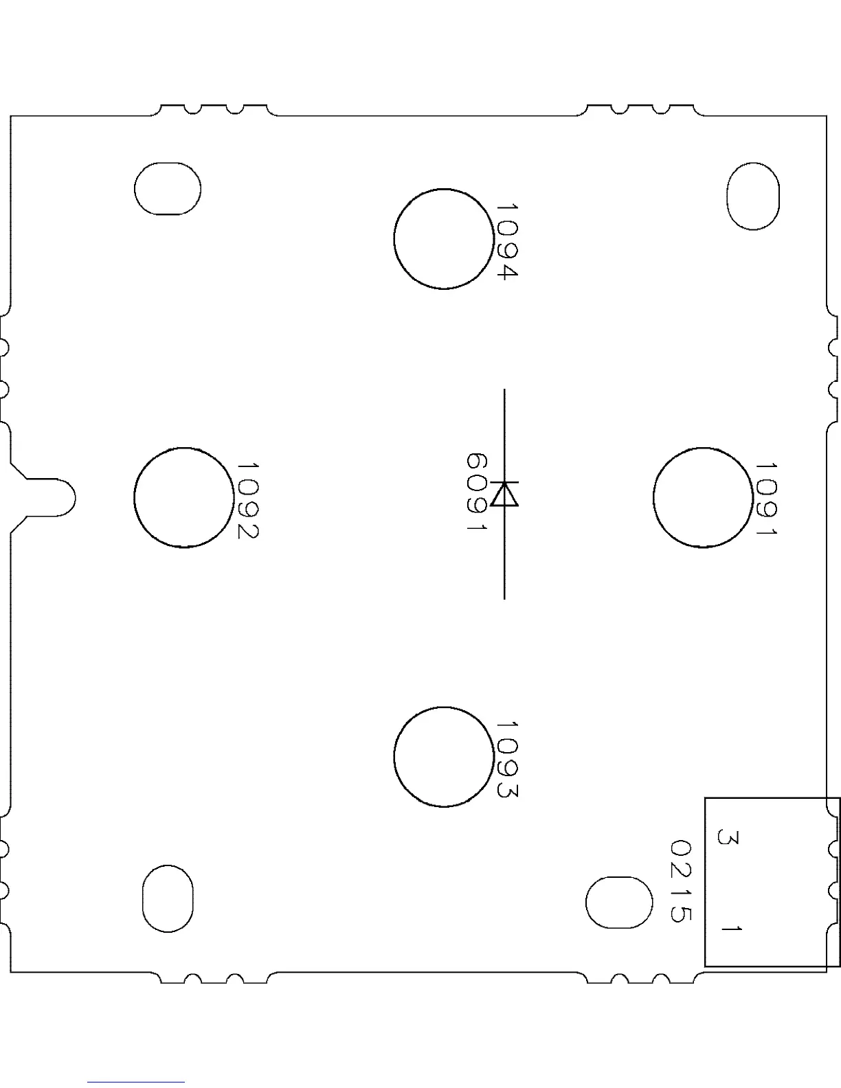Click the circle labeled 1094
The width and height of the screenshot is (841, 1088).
444,239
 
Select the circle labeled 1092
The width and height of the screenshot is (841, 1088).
184,497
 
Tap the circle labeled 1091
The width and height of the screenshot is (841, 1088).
703,497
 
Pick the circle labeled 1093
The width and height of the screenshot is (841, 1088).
444,756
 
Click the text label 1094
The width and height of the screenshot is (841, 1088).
506,241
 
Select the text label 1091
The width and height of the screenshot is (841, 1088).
766,499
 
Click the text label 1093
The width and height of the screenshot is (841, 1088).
506,759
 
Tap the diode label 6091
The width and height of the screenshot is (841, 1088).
477,492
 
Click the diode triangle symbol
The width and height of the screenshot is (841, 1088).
505,494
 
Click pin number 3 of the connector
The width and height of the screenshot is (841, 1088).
728,838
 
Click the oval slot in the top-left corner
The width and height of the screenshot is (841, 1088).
168,189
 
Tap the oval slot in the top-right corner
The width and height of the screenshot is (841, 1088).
753,196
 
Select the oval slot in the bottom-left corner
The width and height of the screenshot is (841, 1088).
168,898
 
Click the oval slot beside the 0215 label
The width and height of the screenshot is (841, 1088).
618,902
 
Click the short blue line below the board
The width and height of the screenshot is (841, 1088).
136,1082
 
